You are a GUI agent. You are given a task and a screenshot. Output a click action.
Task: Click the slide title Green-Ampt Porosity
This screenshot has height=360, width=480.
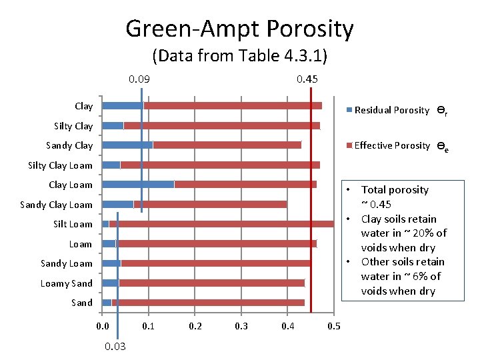tap(239, 29)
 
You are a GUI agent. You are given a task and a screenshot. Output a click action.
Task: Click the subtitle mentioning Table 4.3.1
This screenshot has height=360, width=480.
tap(239, 55)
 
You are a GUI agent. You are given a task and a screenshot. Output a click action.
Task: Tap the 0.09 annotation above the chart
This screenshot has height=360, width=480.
tap(139, 79)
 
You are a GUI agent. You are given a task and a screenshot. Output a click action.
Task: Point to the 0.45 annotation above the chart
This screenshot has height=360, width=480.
tap(307, 79)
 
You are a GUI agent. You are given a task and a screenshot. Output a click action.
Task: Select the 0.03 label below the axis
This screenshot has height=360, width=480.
tap(115, 346)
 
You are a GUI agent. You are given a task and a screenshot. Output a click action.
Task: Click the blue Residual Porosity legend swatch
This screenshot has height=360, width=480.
tap(349, 111)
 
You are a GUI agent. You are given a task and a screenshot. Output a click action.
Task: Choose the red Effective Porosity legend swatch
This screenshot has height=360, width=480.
tap(349, 146)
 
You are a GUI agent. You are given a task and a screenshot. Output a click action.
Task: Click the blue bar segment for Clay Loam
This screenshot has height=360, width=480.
tap(137, 185)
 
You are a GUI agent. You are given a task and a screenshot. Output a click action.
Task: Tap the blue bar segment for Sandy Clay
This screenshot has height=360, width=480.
tap(127, 145)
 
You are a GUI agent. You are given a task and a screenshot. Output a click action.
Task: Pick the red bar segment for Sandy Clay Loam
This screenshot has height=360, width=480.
tap(210, 205)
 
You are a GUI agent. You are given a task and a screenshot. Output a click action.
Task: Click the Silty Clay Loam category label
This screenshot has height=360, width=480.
tap(60, 165)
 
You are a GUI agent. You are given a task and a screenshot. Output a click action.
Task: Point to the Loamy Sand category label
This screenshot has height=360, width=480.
tap(66, 283)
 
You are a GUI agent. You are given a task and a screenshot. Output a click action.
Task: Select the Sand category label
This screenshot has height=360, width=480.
tap(81, 303)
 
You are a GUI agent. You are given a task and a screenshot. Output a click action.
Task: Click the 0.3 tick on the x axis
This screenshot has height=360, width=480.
tap(241, 326)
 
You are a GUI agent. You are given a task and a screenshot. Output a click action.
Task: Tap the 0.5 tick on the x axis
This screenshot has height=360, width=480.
tap(334, 326)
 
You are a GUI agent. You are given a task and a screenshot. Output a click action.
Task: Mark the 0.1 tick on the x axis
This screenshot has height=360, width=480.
tap(149, 326)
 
